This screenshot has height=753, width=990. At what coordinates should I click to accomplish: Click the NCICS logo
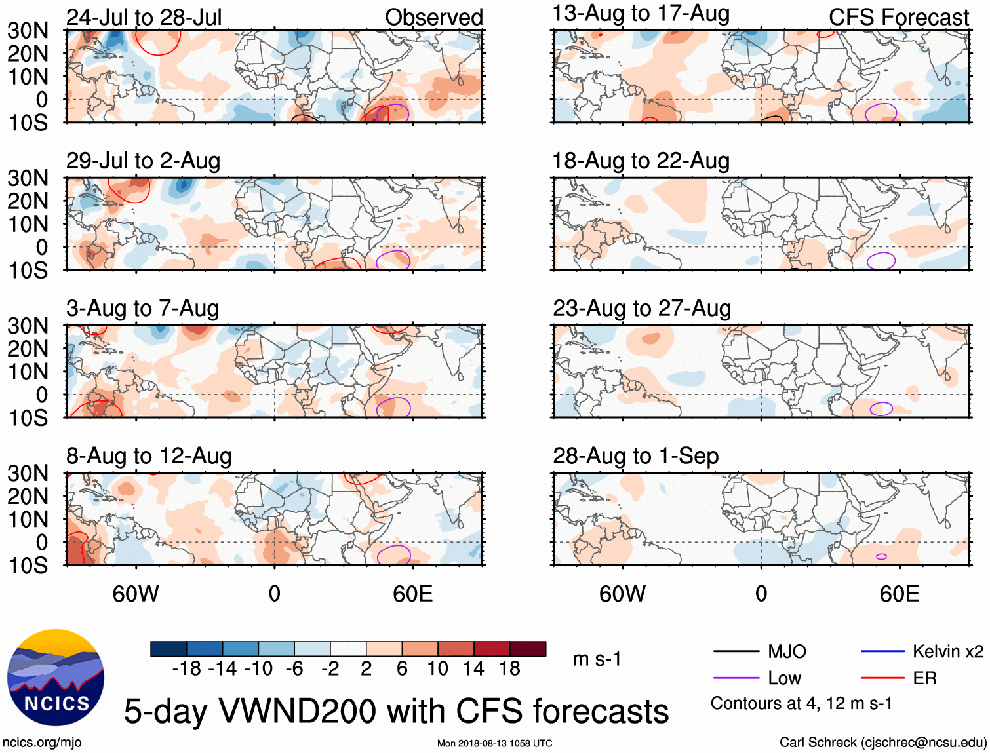click(x=56, y=678)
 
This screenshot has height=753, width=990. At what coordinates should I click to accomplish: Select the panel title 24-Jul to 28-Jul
click(x=144, y=17)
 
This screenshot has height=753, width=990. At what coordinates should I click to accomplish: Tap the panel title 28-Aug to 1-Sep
click(x=635, y=455)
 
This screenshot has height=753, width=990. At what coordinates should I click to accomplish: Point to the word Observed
click(x=433, y=17)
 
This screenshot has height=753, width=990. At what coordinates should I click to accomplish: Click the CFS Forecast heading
click(x=898, y=17)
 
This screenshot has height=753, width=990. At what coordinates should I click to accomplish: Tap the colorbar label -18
click(x=186, y=668)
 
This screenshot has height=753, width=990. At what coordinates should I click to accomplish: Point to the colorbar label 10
click(x=437, y=668)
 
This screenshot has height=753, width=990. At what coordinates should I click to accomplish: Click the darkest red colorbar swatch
click(x=528, y=649)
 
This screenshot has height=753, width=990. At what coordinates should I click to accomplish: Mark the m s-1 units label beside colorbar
click(x=597, y=659)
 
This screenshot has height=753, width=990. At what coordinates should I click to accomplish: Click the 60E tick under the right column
click(x=899, y=594)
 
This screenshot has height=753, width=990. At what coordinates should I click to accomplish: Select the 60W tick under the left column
click(x=136, y=594)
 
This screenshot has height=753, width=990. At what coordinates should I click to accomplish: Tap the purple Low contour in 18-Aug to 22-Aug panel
click(x=881, y=260)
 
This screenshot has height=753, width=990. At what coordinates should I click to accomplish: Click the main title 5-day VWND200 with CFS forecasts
click(x=396, y=711)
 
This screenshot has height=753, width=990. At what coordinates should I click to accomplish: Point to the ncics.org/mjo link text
click(x=42, y=743)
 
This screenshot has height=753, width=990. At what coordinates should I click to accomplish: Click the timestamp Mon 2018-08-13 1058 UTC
click(x=494, y=743)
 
